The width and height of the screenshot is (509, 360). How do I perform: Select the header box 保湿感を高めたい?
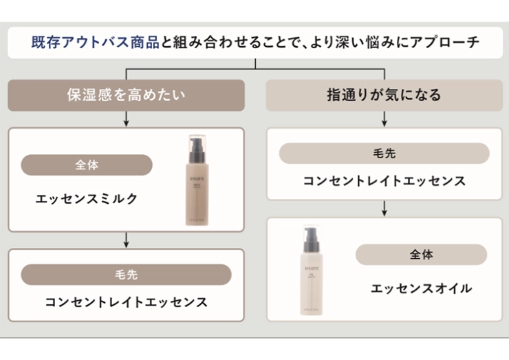[x=126, y=95]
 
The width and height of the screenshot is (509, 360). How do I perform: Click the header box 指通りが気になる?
[x=384, y=95]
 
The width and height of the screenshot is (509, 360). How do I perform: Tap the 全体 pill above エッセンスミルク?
[x=87, y=165]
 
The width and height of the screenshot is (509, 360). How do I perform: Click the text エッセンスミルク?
[x=87, y=199]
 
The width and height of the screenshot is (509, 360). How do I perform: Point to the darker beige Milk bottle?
[x=197, y=189]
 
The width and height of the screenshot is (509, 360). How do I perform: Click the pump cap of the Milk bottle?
[x=197, y=146]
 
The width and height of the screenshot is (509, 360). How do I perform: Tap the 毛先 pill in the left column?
[x=126, y=274]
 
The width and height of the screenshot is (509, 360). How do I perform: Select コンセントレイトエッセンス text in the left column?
[x=126, y=301]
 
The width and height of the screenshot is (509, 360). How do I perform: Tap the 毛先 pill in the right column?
[x=384, y=153]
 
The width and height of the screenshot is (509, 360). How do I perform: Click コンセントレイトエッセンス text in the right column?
[x=384, y=181]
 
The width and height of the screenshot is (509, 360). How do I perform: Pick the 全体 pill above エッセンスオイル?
[x=421, y=255]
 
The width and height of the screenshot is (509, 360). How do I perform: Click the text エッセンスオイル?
[x=421, y=288]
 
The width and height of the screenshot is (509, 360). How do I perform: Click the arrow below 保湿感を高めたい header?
[x=126, y=119]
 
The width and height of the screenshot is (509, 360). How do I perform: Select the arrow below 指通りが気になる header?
[x=384, y=119]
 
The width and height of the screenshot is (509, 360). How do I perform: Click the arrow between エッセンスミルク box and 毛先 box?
[x=126, y=240]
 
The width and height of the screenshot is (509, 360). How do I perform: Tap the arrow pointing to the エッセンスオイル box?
[x=384, y=209]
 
